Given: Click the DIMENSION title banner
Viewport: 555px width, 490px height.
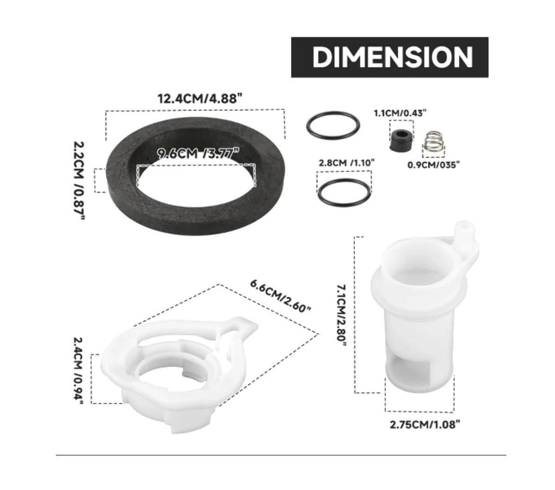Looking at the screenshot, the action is tap(389, 57).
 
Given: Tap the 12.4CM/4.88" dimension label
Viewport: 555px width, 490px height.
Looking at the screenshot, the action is tap(201, 98).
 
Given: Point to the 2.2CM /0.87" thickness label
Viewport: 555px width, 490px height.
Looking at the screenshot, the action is tap(79, 180).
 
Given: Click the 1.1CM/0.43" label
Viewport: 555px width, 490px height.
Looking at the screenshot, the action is tap(401, 113).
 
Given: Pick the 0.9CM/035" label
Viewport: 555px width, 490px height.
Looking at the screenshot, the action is tap(434, 165).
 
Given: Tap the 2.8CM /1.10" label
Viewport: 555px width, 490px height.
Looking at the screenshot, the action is tap(346, 163).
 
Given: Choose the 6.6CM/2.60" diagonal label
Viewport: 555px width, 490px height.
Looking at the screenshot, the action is tap(281, 296).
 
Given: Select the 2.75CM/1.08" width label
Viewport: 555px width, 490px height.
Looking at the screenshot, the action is tap(425, 424).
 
